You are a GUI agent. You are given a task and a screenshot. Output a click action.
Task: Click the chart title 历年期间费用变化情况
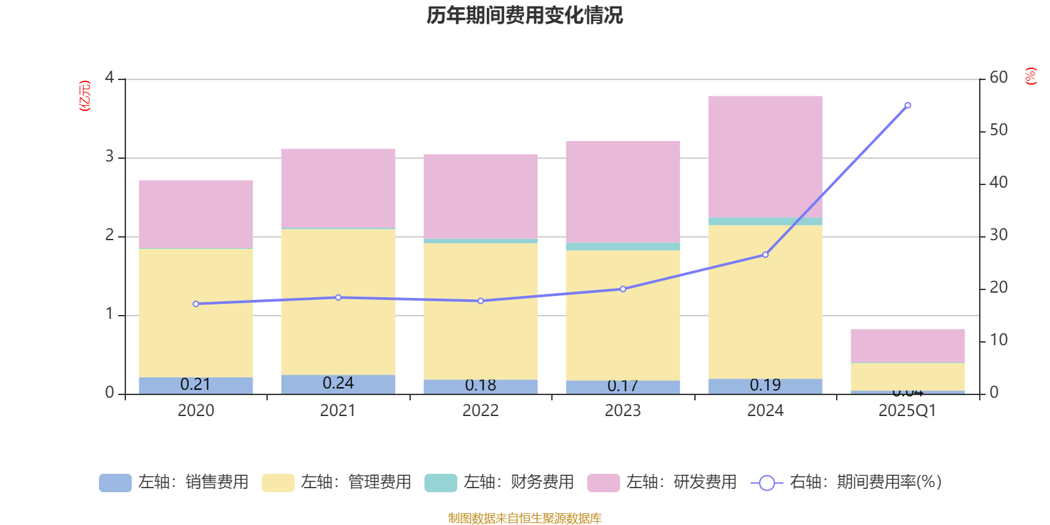pyautogui.click(x=524, y=15)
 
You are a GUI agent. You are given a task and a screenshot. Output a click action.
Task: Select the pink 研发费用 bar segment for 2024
pyautogui.click(x=765, y=156)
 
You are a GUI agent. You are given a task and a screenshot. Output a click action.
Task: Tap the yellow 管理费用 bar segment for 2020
pyautogui.click(x=196, y=312)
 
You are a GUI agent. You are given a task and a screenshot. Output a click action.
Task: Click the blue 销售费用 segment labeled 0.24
pyautogui.click(x=338, y=384)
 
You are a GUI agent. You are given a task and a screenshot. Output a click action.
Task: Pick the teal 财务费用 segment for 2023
pyautogui.click(x=623, y=247)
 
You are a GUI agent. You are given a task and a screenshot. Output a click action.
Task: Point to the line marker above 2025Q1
pyautogui.click(x=908, y=105)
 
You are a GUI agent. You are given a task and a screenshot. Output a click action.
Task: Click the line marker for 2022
pyautogui.click(x=480, y=301)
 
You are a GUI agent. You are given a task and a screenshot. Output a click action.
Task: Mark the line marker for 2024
pyautogui.click(x=765, y=255)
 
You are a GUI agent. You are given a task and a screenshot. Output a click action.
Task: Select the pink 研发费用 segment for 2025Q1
pyautogui.click(x=908, y=345)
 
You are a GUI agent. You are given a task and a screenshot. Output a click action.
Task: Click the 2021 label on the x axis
pyautogui.click(x=338, y=411)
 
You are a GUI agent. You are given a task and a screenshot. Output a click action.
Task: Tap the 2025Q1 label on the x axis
pyautogui.click(x=908, y=411)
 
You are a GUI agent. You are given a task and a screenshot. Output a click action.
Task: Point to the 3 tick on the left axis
pyautogui.click(x=110, y=157)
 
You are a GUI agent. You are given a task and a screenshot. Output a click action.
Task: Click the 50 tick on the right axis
pyautogui.click(x=998, y=130)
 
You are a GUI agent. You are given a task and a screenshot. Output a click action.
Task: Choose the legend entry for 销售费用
pyautogui.click(x=174, y=482)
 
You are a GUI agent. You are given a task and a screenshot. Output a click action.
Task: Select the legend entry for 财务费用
pyautogui.click(x=499, y=482)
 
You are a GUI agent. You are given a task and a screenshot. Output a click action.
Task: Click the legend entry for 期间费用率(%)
pyautogui.click(x=847, y=482)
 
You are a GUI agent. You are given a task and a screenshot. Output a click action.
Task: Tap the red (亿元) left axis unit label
pyautogui.click(x=85, y=96)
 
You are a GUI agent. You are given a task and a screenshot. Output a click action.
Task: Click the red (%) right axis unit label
pyautogui.click(x=1031, y=76)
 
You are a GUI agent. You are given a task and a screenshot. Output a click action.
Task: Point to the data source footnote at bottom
pyautogui.click(x=524, y=518)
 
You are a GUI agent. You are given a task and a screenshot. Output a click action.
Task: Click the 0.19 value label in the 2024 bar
pyautogui.click(x=765, y=385)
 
